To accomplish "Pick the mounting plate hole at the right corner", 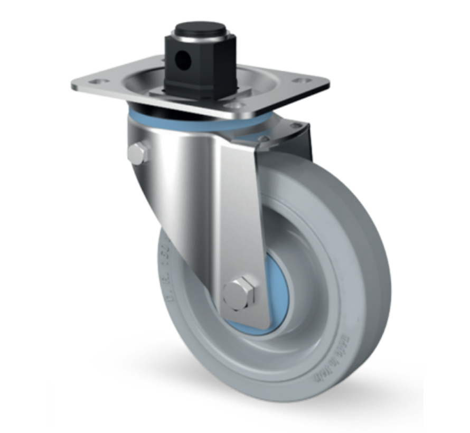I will point(301,81).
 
